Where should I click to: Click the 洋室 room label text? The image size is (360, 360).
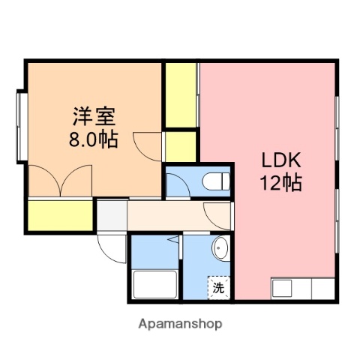[x=94, y=118]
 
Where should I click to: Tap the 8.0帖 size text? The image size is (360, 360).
[x=94, y=139]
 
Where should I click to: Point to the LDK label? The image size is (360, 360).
[x=280, y=160]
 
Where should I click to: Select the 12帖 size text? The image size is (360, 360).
[x=280, y=182]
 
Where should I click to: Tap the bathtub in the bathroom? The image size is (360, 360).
[x=154, y=285]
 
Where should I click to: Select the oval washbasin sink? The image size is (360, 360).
[x=220, y=249]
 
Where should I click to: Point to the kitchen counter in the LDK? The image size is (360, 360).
[x=302, y=288]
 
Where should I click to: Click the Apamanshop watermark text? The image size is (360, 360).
[x=180, y=325]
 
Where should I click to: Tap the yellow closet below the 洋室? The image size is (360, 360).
[x=61, y=215]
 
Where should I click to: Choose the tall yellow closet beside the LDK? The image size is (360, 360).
[x=181, y=96]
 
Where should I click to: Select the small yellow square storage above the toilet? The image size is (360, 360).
[x=181, y=146]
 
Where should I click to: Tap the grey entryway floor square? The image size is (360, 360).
[x=111, y=215]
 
